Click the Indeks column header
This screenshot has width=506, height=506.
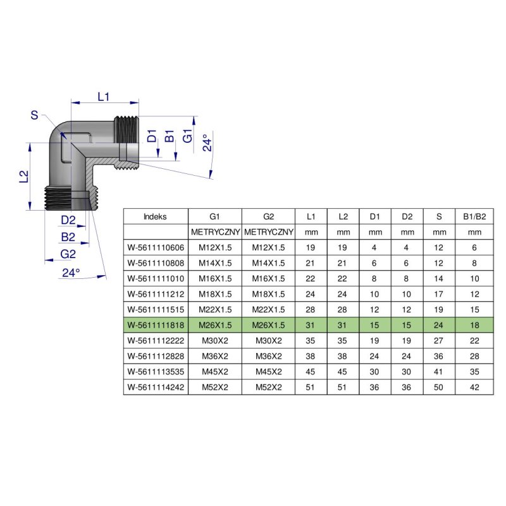(155, 216)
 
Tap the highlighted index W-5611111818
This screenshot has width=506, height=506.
(155, 325)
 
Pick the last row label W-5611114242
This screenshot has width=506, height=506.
(155, 387)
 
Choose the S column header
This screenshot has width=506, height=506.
(439, 216)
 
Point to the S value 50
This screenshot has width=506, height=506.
(439, 387)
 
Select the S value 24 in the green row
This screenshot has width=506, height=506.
(439, 325)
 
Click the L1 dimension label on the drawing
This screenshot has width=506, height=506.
(104, 97)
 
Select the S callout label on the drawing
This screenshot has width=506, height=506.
(34, 115)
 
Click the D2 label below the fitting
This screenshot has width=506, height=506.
(68, 220)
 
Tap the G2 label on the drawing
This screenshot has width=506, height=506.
(68, 254)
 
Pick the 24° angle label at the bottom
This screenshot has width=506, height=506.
(71, 273)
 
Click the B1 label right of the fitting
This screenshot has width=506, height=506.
(170, 137)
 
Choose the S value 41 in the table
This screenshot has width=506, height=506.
(439, 372)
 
